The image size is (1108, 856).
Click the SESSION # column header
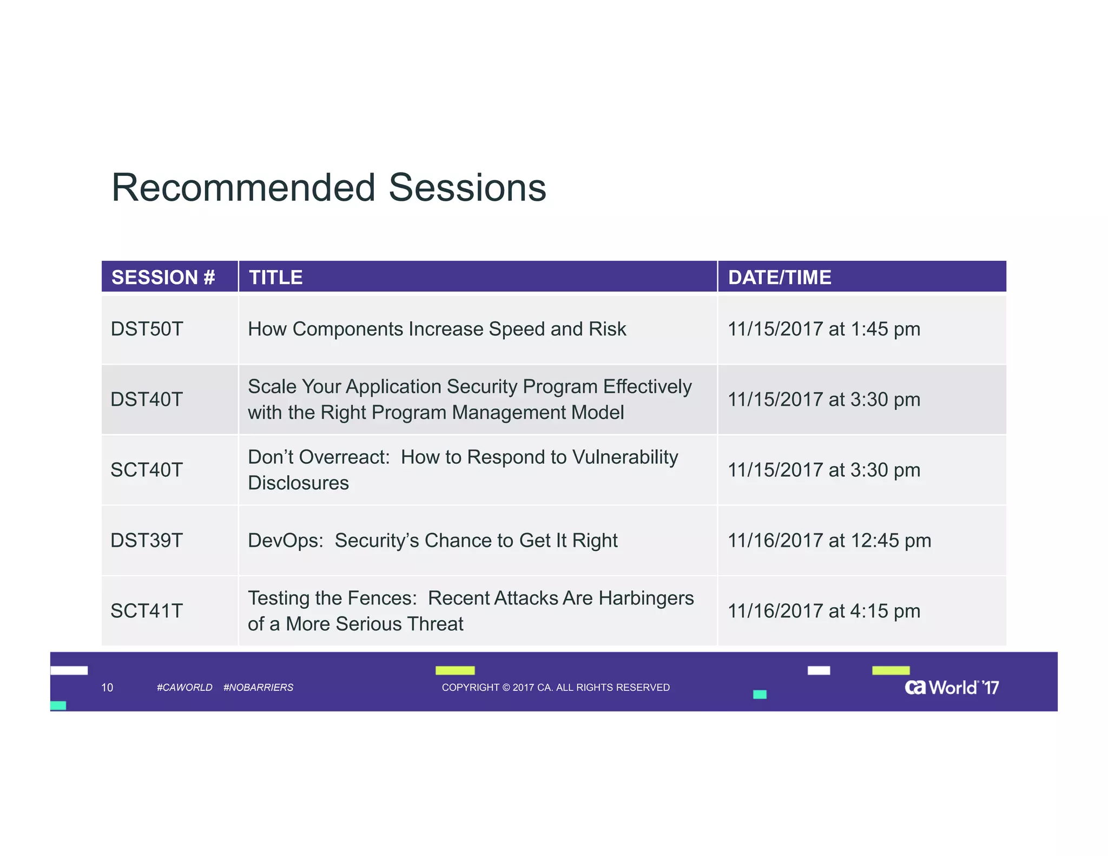(x=163, y=278)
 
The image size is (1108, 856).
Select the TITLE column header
(x=276, y=278)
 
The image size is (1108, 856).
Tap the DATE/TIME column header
(x=779, y=278)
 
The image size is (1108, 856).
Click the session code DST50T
(x=147, y=329)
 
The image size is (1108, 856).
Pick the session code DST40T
(x=147, y=399)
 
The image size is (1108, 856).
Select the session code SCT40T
(x=147, y=470)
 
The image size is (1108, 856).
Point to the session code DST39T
(x=147, y=540)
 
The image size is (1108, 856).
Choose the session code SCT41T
(x=147, y=611)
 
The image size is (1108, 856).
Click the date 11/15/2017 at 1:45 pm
(x=823, y=329)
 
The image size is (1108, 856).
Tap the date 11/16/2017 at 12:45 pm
(x=829, y=540)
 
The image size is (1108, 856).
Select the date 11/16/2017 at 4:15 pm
(x=823, y=611)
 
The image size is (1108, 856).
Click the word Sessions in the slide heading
(x=467, y=188)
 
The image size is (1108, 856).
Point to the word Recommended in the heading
(x=243, y=188)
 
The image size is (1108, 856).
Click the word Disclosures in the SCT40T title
(x=298, y=483)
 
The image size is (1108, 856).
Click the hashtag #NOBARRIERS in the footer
(x=258, y=687)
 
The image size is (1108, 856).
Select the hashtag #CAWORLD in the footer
(x=184, y=687)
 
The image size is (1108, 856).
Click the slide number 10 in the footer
(x=107, y=687)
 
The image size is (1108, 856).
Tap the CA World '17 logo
(x=952, y=687)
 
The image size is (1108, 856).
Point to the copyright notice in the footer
(x=556, y=687)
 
